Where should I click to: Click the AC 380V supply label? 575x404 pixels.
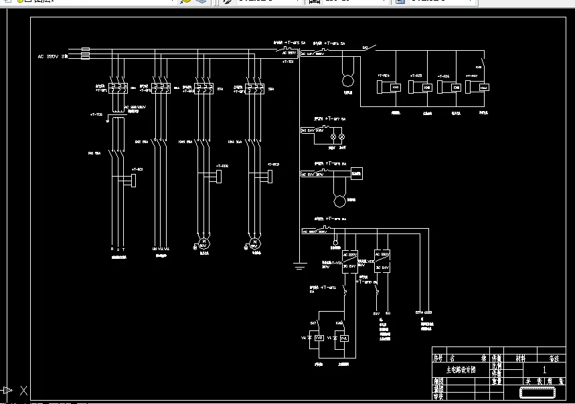(x=53, y=57)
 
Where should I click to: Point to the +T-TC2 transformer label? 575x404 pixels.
(x=96, y=115)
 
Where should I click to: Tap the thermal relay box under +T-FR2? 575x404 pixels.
(x=219, y=175)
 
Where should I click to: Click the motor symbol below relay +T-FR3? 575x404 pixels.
(x=254, y=241)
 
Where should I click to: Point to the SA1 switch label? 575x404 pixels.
(x=365, y=47)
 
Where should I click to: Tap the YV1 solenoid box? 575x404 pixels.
(x=344, y=338)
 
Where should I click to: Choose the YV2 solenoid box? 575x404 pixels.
(x=319, y=338)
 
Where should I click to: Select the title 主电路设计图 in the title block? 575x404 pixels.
(x=461, y=369)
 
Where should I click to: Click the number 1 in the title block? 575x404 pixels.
(x=544, y=369)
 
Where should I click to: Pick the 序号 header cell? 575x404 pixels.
(x=438, y=359)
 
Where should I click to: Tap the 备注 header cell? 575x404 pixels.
(x=553, y=359)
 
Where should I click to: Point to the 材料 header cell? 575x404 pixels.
(x=520, y=359)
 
